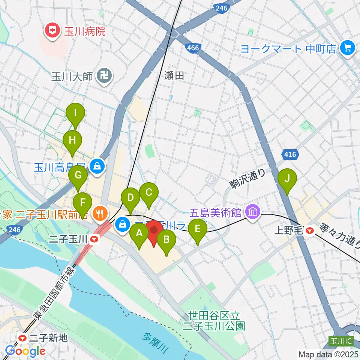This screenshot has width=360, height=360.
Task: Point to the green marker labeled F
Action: pyautogui.click(x=83, y=203)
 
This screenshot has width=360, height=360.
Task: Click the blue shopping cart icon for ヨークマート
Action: pyautogui.click(x=347, y=48)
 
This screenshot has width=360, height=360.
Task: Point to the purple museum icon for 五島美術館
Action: pyautogui.click(x=253, y=213)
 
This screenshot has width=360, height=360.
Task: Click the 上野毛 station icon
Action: pyautogui.click(x=309, y=230)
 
